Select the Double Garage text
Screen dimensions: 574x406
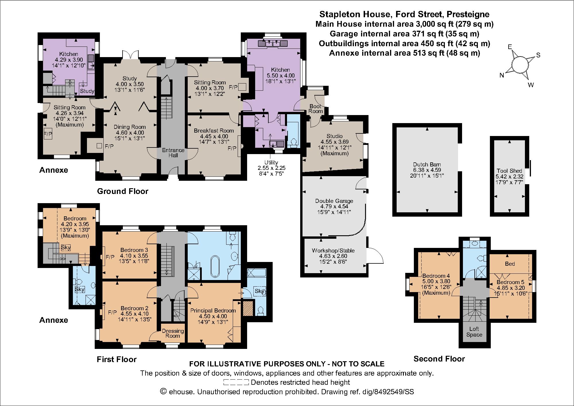[x=334, y=201]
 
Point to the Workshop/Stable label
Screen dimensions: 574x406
[x=333, y=250]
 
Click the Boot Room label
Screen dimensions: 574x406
[x=316, y=108]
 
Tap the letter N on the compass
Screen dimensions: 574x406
[x=502, y=75]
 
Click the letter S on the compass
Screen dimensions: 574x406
[x=538, y=55]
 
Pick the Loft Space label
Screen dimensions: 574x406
[x=474, y=332]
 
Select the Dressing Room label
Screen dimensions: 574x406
[x=173, y=333]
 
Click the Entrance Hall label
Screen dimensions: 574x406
[x=173, y=153]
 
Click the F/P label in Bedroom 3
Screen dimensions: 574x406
[x=110, y=257]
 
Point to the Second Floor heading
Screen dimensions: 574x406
[x=439, y=359]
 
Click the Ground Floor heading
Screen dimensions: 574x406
[x=123, y=191]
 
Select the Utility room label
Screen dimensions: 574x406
[x=271, y=162]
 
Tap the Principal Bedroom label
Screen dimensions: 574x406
[x=213, y=310]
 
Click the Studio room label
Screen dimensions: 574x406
[x=334, y=136]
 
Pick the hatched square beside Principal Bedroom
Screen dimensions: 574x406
[x=248, y=308]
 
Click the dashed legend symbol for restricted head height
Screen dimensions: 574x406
[x=236, y=382]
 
